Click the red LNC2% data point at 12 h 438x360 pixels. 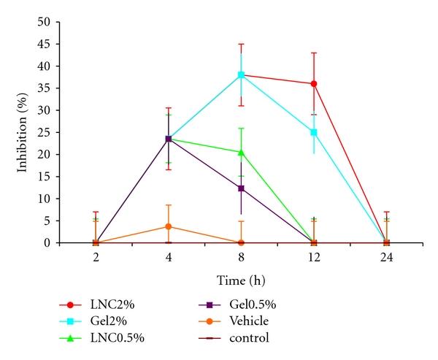(314, 83)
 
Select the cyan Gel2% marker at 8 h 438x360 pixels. (241, 74)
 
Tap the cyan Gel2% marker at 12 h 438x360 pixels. (314, 132)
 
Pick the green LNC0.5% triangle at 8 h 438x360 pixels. (241, 152)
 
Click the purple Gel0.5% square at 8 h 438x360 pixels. (241, 188)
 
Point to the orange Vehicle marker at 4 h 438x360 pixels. (169, 226)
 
